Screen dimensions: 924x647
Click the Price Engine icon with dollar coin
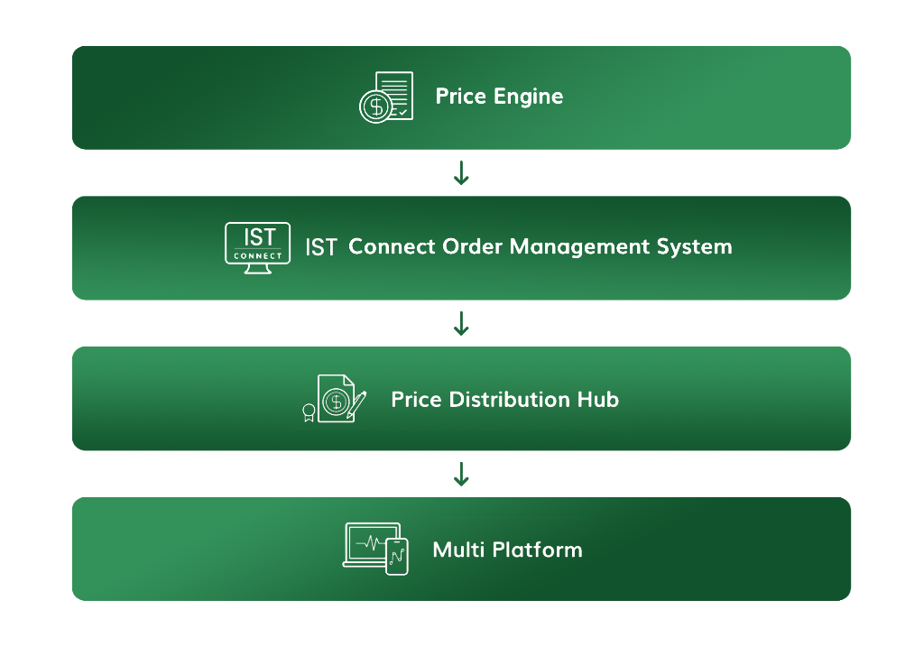click(386, 97)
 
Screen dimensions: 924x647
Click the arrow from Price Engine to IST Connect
click(461, 172)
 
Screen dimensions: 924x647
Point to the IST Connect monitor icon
click(257, 248)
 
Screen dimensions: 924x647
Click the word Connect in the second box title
click(392, 246)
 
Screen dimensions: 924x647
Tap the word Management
click(579, 246)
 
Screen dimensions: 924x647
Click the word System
click(694, 247)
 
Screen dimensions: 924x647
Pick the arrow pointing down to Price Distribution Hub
click(461, 323)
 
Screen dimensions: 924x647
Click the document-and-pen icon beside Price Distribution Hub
click(334, 399)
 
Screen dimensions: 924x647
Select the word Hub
click(598, 400)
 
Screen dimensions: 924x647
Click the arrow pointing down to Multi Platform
click(461, 474)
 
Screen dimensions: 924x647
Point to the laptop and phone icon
click(375, 549)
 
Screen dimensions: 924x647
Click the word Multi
click(458, 550)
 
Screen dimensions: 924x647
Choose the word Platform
click(538, 550)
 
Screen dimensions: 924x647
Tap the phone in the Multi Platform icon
click(397, 556)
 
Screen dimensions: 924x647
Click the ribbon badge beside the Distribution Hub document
click(309, 412)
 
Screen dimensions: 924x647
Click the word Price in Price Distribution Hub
click(417, 400)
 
